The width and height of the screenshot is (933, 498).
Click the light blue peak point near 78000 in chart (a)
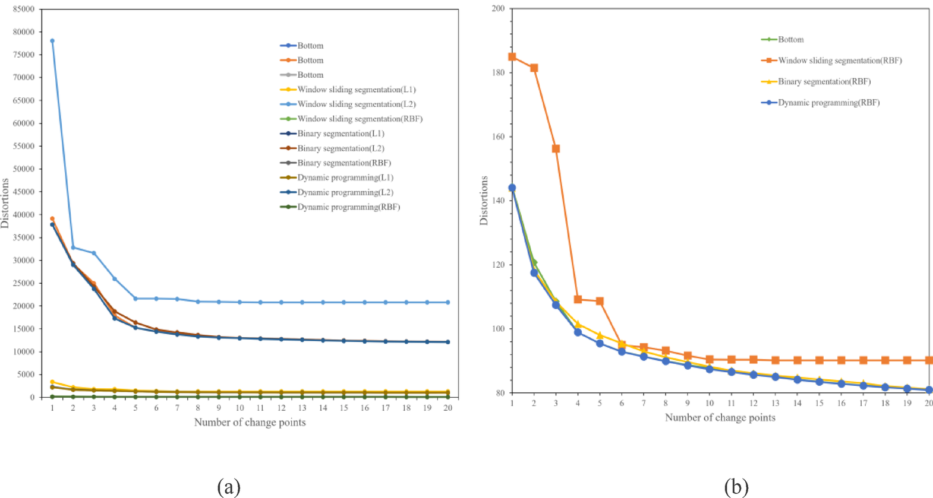[52, 41]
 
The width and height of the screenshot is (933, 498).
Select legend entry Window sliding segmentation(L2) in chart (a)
[356, 104]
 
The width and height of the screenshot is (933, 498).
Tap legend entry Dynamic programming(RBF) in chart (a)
[348, 207]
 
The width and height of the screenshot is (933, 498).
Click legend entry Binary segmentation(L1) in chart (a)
[341, 134]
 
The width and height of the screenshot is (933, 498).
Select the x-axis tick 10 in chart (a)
[239, 408]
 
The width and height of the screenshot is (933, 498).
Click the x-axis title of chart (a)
[250, 423]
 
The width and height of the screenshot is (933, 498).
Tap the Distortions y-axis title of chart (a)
[5, 203]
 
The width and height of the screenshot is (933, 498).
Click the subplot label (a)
[229, 487]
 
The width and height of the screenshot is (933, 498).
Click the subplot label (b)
[736, 487]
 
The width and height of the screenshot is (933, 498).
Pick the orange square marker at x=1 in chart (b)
[512, 57]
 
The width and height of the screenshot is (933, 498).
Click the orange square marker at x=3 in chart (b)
[556, 148]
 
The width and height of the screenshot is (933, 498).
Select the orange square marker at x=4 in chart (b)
[578, 299]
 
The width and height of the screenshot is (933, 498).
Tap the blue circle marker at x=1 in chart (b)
[512, 188]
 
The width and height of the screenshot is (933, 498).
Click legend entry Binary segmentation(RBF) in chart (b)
[824, 82]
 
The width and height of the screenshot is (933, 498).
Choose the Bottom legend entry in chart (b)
[790, 40]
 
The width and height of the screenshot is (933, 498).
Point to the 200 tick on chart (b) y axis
[498, 9]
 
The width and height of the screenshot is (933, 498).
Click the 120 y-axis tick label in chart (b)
[498, 265]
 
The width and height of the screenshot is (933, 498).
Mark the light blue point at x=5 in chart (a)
[135, 299]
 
